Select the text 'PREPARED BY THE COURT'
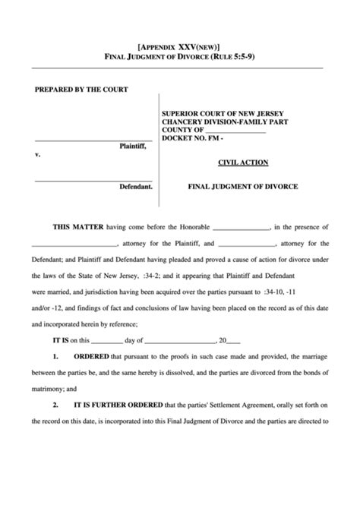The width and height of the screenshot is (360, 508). pyautogui.click(x=81, y=90)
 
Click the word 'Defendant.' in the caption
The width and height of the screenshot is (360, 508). pyautogui.click(x=136, y=186)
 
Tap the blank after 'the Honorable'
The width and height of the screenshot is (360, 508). pyautogui.click(x=241, y=227)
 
